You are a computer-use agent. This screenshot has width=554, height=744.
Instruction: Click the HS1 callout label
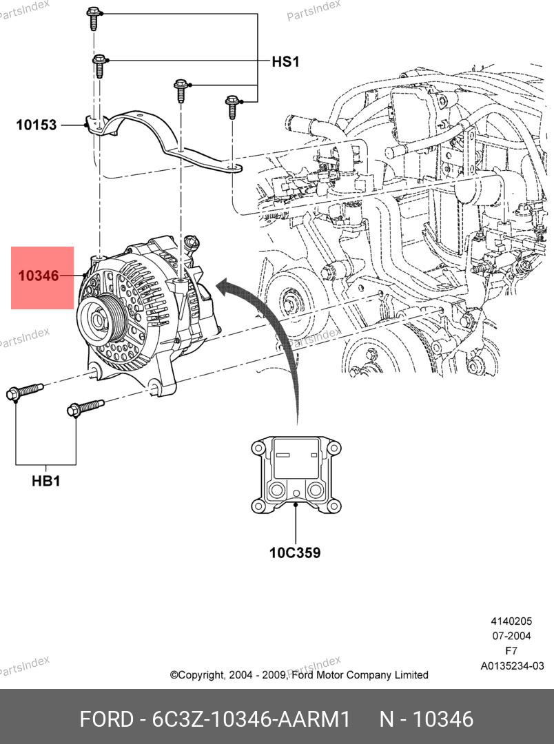coord(285,61)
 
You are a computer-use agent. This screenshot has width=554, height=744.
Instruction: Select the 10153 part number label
coord(37,125)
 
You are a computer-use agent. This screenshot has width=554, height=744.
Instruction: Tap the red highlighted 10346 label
coord(39,276)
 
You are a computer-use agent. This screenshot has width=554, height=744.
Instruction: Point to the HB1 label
coord(45,482)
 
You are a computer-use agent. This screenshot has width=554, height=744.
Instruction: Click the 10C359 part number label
coord(294,552)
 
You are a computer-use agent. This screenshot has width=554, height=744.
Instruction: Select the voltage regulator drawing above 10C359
coord(295,474)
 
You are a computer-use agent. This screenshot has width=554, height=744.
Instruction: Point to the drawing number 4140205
coord(511,621)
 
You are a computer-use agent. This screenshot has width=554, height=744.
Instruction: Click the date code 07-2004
coord(511,636)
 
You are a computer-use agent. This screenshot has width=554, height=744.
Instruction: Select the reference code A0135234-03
coord(512,666)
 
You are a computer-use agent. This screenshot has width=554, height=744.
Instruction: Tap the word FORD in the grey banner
coord(106,720)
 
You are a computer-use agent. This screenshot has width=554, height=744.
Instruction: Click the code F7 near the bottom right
coord(511,651)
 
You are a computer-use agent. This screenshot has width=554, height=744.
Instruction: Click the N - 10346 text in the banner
coord(427,720)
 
